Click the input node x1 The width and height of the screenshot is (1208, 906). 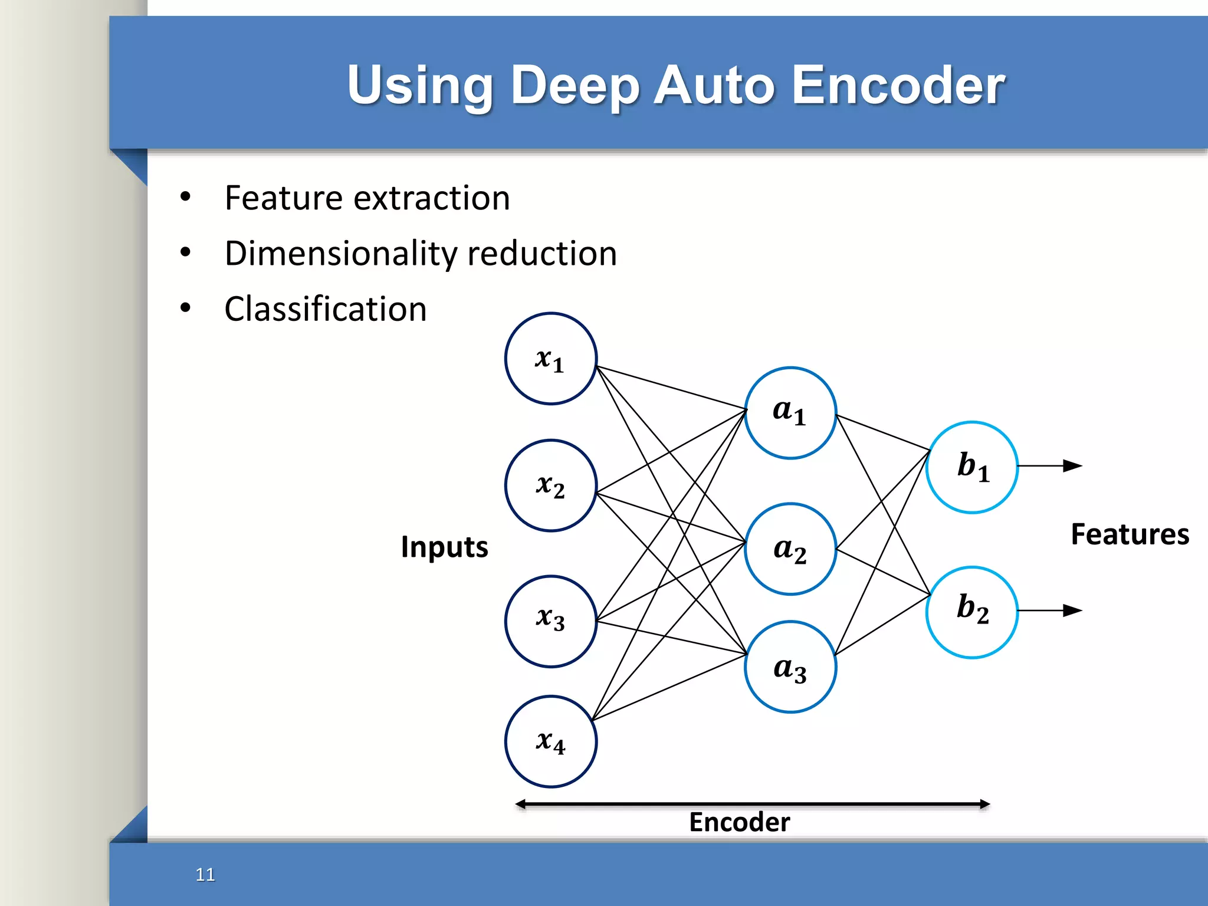(550, 359)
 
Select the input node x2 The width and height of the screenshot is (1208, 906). (550, 485)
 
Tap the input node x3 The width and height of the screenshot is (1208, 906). (550, 621)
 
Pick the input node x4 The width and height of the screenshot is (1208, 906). (550, 741)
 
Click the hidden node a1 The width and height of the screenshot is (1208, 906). (790, 413)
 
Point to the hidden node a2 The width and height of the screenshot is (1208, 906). (790, 549)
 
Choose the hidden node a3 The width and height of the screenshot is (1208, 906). (790, 667)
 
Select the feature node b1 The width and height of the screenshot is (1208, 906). (971, 467)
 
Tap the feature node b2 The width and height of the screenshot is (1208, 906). (971, 612)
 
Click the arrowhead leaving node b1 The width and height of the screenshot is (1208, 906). (1072, 466)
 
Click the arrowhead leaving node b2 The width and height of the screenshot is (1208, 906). (1072, 610)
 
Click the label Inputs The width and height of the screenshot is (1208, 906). (444, 547)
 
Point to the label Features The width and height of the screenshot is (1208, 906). (1130, 534)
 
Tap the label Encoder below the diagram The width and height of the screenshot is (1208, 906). (739, 822)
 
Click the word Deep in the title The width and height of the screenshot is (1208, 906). (575, 86)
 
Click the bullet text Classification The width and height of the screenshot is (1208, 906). (325, 309)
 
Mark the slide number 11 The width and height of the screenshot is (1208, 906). (205, 874)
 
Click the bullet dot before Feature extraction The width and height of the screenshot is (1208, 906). (185, 197)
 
